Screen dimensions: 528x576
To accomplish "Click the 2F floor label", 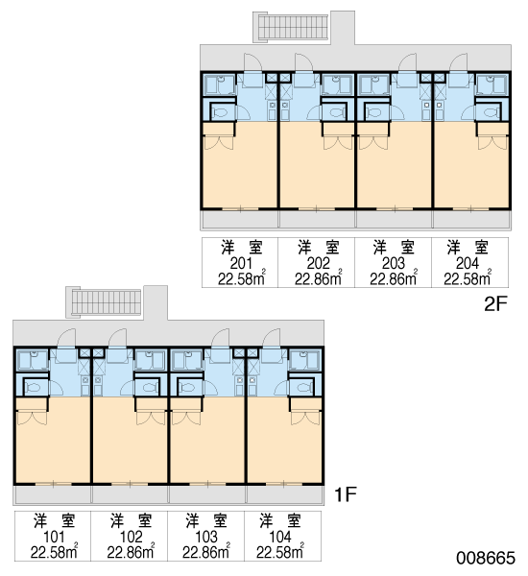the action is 495,303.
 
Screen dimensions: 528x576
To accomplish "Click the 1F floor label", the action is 346,494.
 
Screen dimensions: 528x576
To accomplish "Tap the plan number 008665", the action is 486,558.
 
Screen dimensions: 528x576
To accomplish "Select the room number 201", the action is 241,263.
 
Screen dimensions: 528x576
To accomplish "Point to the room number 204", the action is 468,263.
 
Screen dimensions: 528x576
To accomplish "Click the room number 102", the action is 131,537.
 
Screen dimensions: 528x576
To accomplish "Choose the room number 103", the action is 206,537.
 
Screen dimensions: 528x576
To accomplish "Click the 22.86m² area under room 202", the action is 319,278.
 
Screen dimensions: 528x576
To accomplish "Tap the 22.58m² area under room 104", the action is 280,552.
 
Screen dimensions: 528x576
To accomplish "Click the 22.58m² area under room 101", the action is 54,552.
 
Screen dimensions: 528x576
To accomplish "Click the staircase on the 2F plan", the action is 292,27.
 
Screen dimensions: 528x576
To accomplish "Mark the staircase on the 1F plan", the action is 105,302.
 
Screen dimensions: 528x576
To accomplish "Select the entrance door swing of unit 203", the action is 407,61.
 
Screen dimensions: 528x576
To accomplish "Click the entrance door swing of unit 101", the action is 66,337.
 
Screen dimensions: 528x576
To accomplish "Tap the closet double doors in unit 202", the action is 338,142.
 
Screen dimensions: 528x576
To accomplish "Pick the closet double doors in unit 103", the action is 186,418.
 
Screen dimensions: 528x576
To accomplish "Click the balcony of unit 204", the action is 471,220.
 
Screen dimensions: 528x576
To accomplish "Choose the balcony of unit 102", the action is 130,494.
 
